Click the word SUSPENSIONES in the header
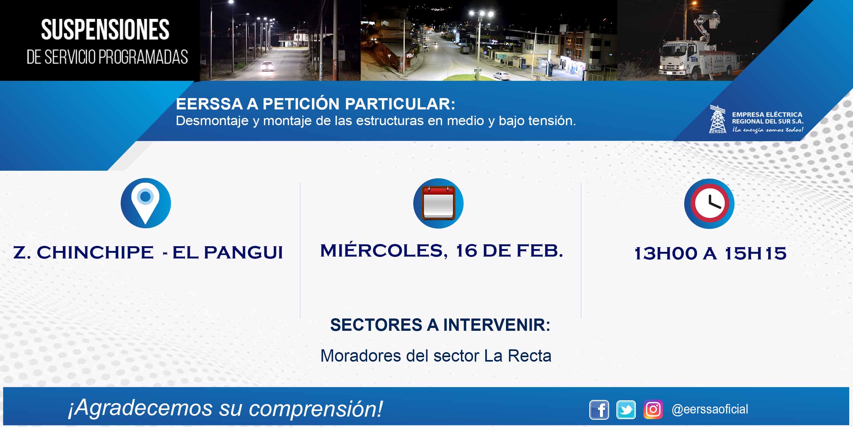pos(105,30)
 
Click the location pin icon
pos(146,203)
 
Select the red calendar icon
pos(438,203)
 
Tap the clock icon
pos(709,203)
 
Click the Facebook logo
pos(599,409)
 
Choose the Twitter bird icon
pos(626,409)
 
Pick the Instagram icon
pos(653,409)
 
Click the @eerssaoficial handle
pos(710,409)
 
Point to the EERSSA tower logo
pos(717,119)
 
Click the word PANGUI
pos(243,252)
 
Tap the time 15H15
pos(755,253)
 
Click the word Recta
pos(530,356)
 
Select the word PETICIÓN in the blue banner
pos(301,104)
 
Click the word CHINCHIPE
pos(95,252)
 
